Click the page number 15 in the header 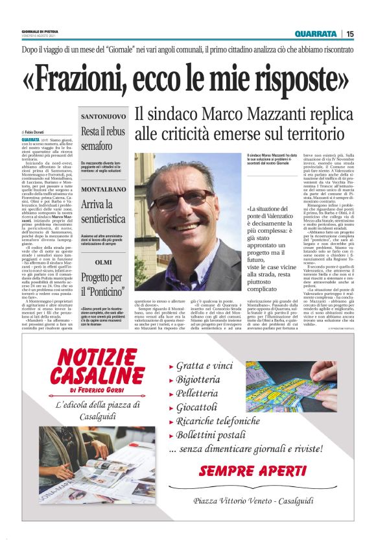[x=350, y=34]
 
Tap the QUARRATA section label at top [x=315, y=34]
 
